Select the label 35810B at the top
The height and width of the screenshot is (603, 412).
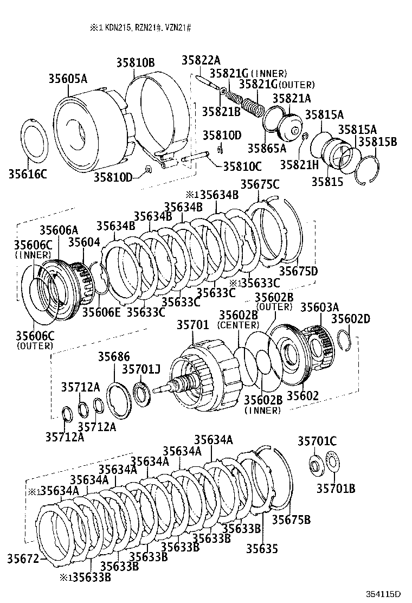click(135, 62)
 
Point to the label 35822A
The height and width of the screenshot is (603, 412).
click(201, 61)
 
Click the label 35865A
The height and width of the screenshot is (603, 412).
click(266, 147)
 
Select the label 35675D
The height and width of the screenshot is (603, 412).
click(298, 271)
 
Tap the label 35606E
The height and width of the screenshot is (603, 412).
click(100, 312)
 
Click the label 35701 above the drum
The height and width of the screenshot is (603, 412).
click(192, 325)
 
